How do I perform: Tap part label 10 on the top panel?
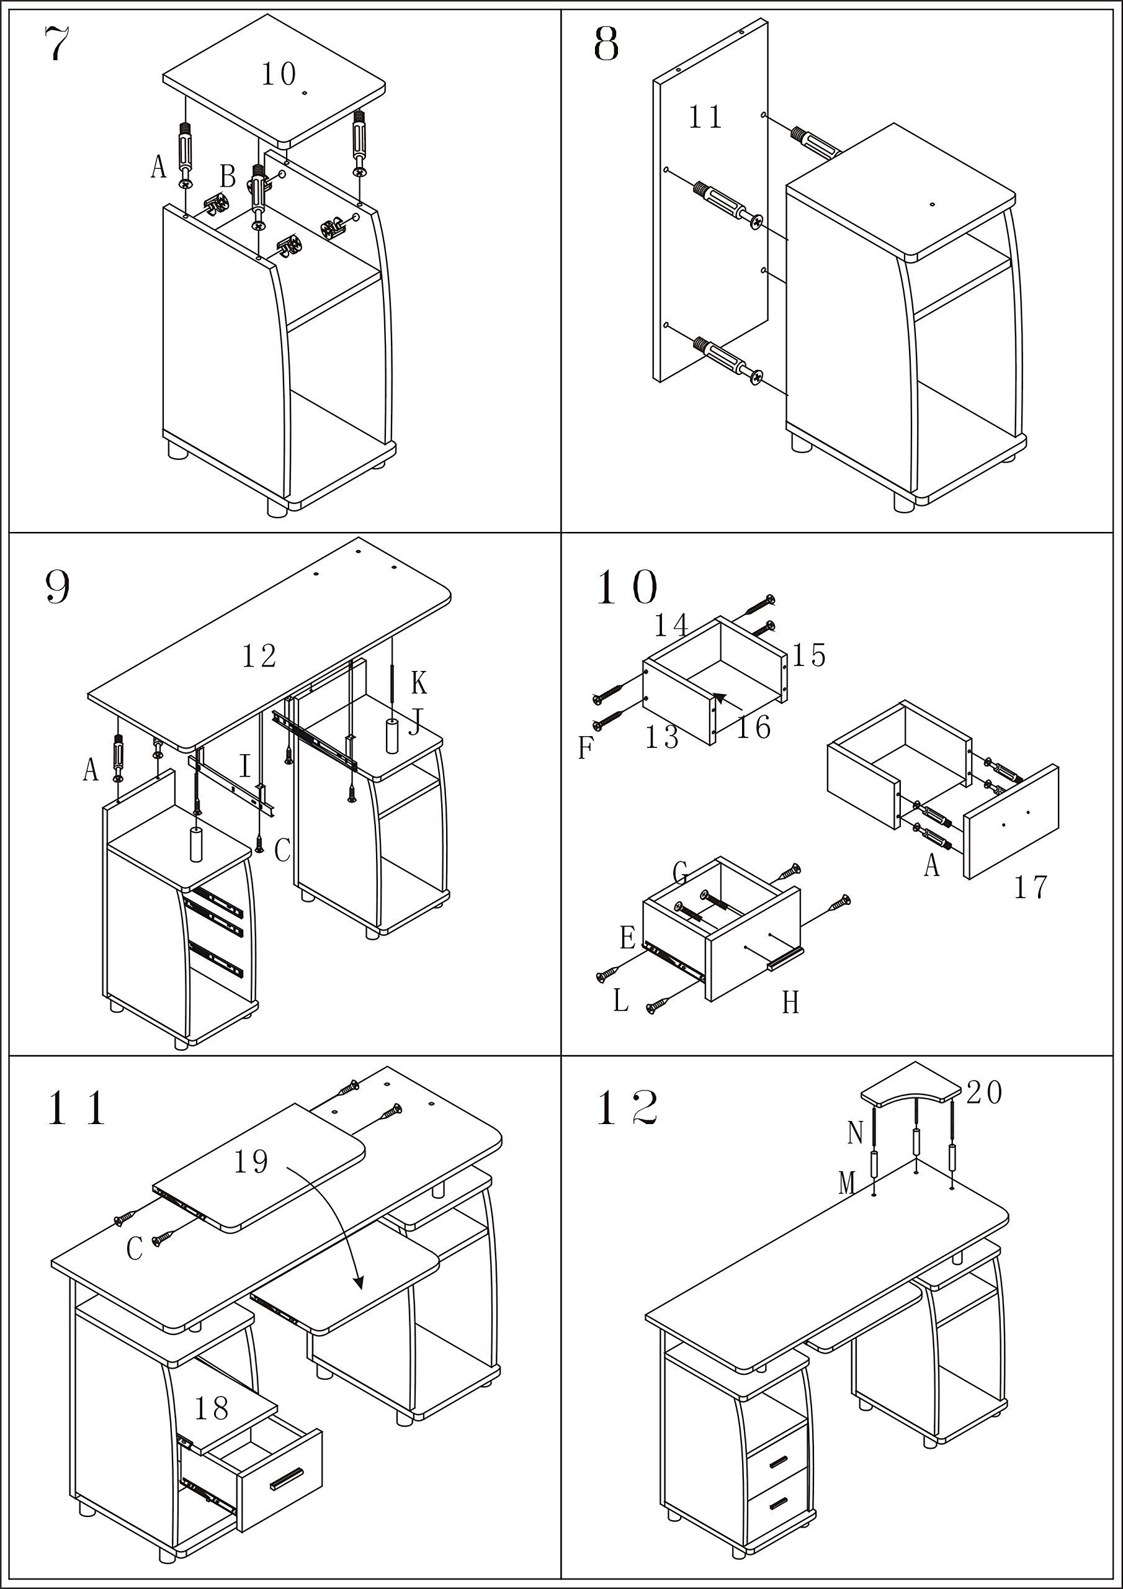pyautogui.click(x=278, y=74)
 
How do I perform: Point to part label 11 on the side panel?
pyautogui.click(x=705, y=117)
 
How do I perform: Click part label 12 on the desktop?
pyautogui.click(x=259, y=656)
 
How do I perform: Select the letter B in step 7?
pyautogui.click(x=228, y=176)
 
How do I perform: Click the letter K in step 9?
pyautogui.click(x=419, y=683)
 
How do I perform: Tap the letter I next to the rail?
pyautogui.click(x=244, y=766)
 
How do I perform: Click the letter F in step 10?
pyautogui.click(x=585, y=748)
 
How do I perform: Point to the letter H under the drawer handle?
pyautogui.click(x=790, y=1001)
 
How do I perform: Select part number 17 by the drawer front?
pyautogui.click(x=1031, y=886)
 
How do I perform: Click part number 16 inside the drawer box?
pyautogui.click(x=753, y=727)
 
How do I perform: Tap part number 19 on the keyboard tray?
pyautogui.click(x=251, y=1162)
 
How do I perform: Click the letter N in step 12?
pyautogui.click(x=856, y=1133)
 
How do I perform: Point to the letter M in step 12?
pyautogui.click(x=847, y=1183)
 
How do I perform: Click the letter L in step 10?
pyautogui.click(x=620, y=999)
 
